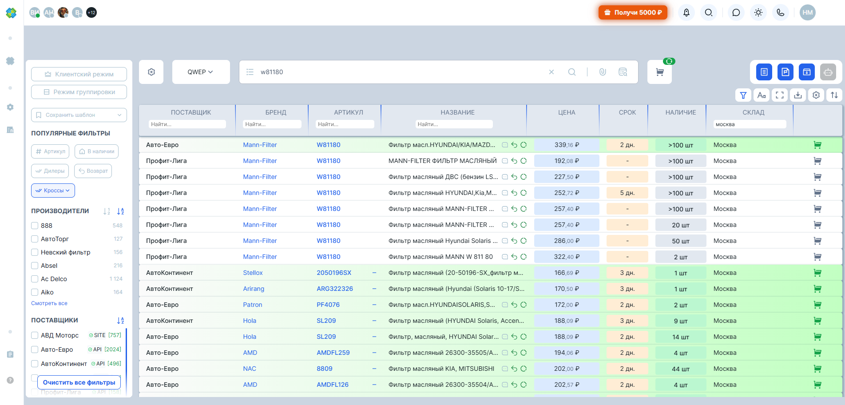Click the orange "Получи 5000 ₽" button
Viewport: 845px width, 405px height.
pyautogui.click(x=633, y=12)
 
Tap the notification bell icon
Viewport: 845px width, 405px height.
pyautogui.click(x=686, y=12)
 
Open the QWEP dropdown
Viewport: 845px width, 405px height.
pyautogui.click(x=201, y=72)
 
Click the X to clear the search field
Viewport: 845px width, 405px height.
pyautogui.click(x=551, y=72)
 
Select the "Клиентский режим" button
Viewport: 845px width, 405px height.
pyautogui.click(x=79, y=74)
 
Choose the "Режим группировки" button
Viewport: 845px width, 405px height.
pyautogui.click(x=79, y=92)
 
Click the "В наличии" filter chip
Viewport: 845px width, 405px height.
pyautogui.click(x=96, y=151)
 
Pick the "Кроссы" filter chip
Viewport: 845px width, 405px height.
pyautogui.click(x=53, y=191)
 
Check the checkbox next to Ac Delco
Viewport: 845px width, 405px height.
pyautogui.click(x=35, y=279)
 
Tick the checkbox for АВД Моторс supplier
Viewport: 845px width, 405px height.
pyautogui.click(x=35, y=335)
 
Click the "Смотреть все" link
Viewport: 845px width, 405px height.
pyautogui.click(x=49, y=303)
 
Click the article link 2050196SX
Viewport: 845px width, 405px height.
pyautogui.click(x=334, y=273)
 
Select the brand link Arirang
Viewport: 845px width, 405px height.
pyautogui.click(x=254, y=289)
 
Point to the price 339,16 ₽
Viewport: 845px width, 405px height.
pyautogui.click(x=567, y=145)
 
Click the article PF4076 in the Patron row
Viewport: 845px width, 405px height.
pyautogui.click(x=328, y=305)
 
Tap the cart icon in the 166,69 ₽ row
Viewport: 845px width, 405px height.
pyautogui.click(x=817, y=273)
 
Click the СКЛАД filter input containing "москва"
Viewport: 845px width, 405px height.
pyautogui.click(x=750, y=124)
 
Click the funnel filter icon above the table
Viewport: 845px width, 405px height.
pyautogui.click(x=743, y=95)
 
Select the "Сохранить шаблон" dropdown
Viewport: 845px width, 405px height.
pyautogui.click(x=79, y=115)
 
